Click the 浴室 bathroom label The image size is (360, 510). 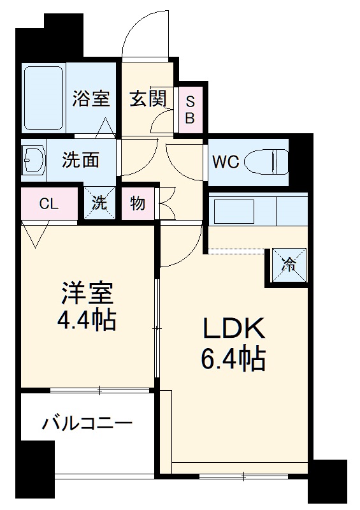(92, 99)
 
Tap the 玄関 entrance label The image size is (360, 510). (148, 99)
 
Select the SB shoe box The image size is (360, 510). (191, 109)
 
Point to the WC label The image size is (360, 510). (225, 161)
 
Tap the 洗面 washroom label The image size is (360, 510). (80, 159)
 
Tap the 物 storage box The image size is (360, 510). (137, 204)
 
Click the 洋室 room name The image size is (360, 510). (87, 293)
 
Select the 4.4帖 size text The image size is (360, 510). (87, 319)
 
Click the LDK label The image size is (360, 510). (234, 330)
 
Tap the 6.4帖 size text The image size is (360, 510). (234, 361)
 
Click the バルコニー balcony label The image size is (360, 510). (87, 423)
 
